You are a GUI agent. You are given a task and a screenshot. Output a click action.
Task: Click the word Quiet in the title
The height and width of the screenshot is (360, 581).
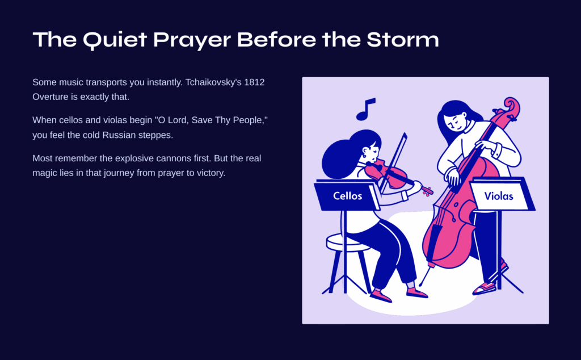115,40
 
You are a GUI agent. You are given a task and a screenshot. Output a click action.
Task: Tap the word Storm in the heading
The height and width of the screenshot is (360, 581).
403,39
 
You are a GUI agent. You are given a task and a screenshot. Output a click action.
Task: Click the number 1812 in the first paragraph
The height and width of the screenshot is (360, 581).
254,82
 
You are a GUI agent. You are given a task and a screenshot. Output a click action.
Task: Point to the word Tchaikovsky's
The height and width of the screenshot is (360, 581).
213,82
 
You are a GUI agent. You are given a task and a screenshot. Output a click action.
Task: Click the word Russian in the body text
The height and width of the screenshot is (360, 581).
119,135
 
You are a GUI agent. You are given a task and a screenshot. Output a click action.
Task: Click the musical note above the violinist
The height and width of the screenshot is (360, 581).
366,109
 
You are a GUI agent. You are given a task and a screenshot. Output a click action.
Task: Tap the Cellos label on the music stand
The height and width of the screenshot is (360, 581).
348,196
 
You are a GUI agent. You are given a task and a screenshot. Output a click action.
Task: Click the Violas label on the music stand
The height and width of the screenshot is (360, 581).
499,196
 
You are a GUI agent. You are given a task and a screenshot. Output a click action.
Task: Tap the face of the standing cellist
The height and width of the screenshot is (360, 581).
456,122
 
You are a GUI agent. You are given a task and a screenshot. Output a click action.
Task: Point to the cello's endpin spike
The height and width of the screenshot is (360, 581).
424,276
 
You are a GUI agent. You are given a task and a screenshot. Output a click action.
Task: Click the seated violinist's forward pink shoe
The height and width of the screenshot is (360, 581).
417,294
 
